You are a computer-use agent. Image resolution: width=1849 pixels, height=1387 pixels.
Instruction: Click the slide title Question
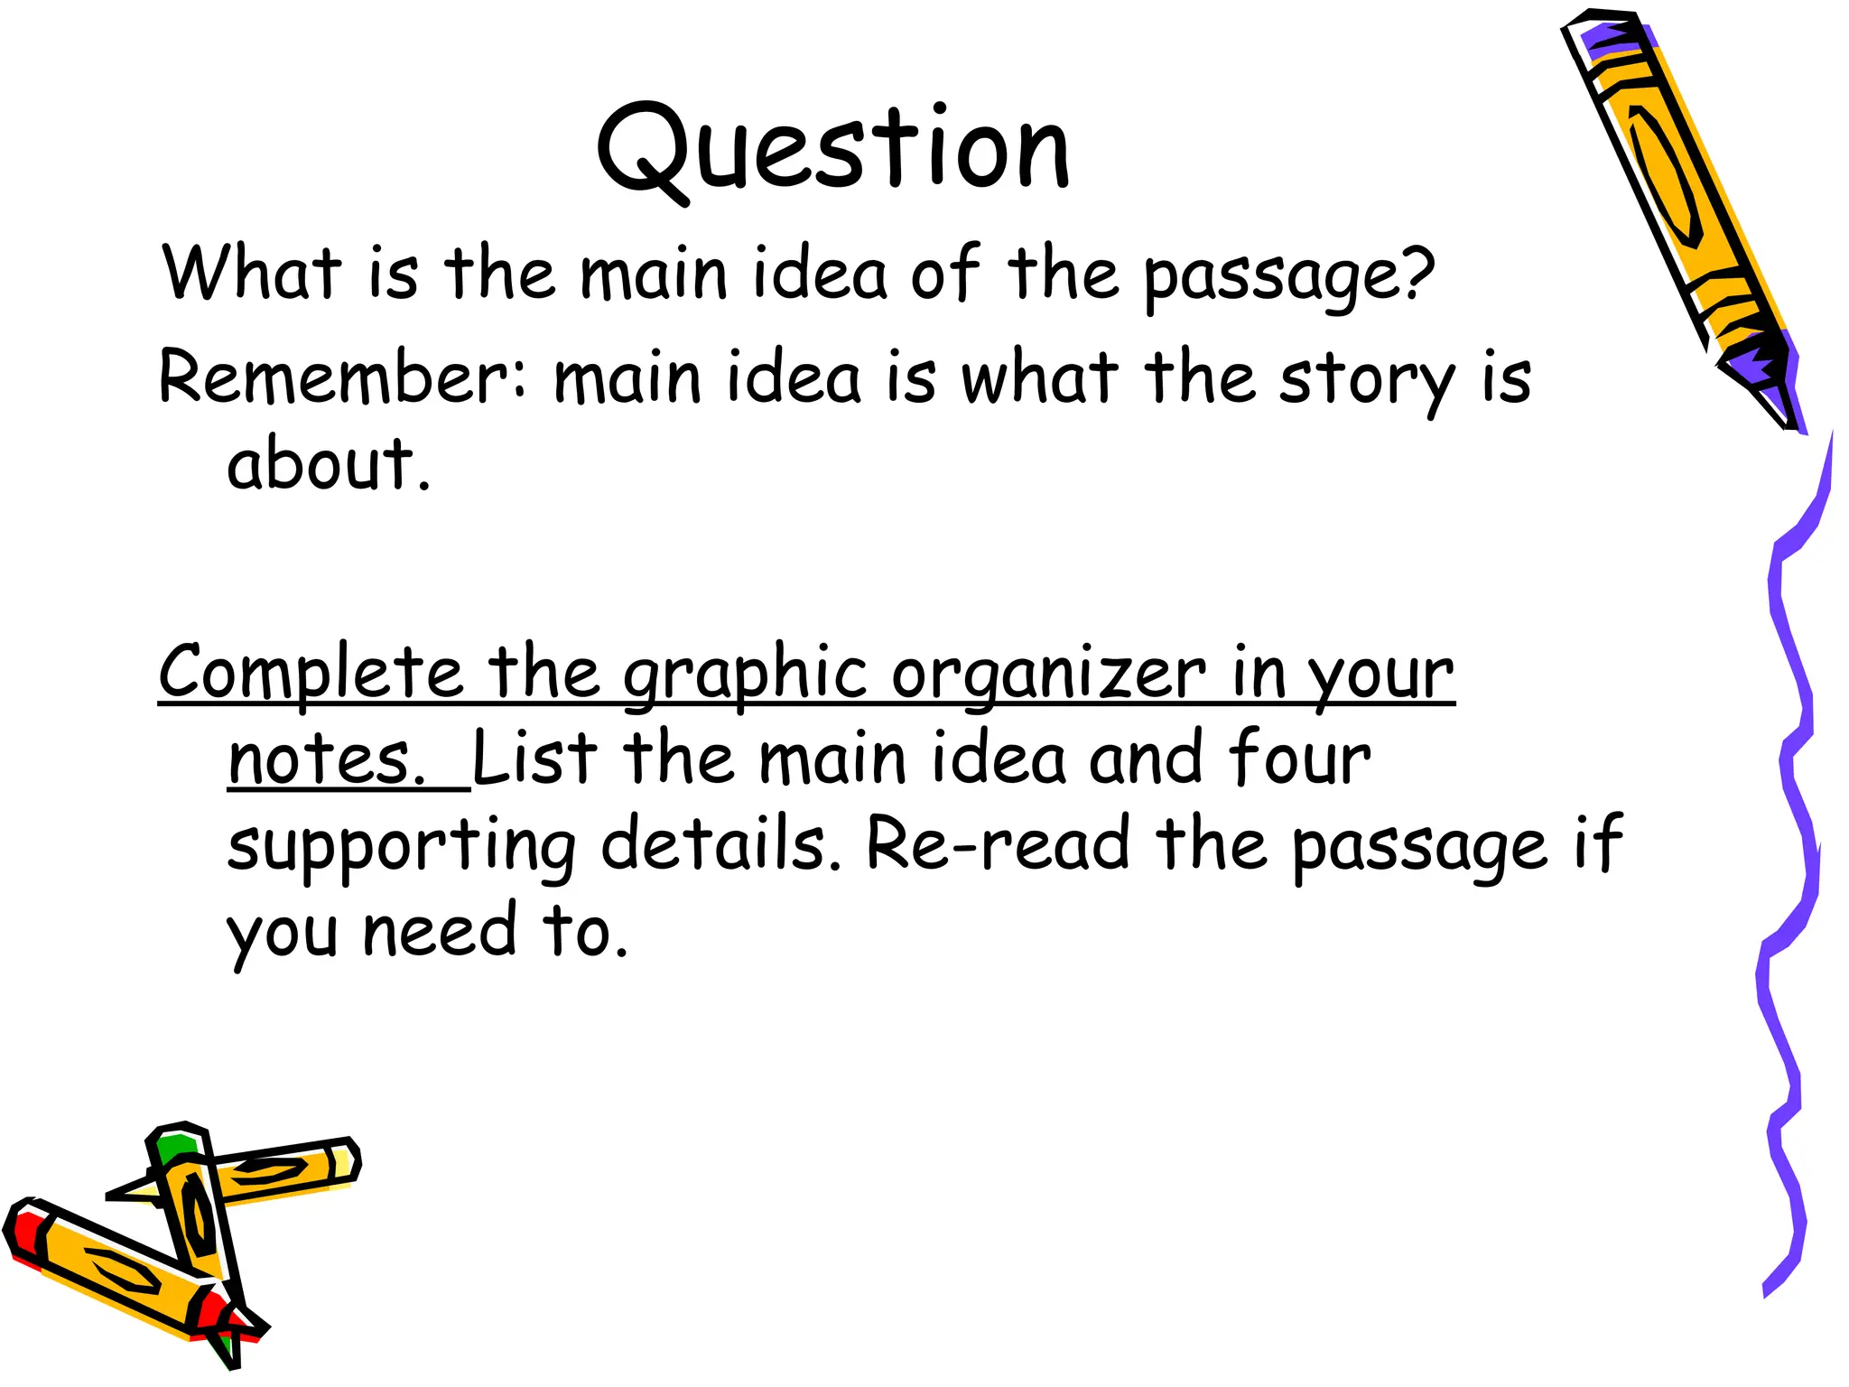tap(832, 149)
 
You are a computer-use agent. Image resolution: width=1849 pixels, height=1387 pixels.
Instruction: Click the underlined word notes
tap(326, 759)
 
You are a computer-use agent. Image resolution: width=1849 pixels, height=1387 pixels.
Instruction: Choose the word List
tap(534, 759)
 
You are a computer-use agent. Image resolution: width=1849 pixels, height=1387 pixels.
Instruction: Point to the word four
tap(1299, 759)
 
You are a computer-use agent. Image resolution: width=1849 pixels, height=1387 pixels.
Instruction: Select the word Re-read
tap(999, 845)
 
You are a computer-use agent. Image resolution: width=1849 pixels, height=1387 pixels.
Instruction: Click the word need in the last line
tap(440, 932)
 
